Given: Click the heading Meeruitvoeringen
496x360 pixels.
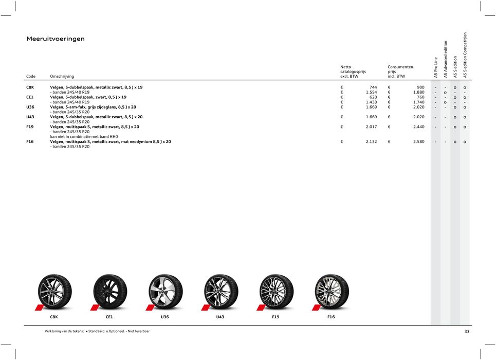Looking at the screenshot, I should [x=56, y=39].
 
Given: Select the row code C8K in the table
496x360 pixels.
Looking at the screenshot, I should [x=31, y=87].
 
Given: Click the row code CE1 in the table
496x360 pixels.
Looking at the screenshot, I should [x=31, y=97].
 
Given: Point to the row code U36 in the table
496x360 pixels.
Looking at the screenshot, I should [x=31, y=107].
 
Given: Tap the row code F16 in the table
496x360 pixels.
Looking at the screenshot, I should [x=30, y=141].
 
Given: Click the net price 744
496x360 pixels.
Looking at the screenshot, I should [x=373, y=87].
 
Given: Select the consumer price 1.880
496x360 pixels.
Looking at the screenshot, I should [x=417, y=93].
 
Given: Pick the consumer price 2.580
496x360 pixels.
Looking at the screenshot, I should [x=417, y=141].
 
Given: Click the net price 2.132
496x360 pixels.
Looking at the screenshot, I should [x=371, y=141].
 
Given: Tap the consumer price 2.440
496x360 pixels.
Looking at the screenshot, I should [x=417, y=127].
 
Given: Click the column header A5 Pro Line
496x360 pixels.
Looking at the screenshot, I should [x=436, y=67].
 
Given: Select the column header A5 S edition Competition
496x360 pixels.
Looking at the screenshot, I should [x=465, y=56].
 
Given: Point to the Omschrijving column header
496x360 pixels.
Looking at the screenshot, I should [x=62, y=76].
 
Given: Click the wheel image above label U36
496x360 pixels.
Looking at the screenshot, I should [x=166, y=291].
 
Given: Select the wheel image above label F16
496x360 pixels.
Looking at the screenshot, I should [x=332, y=291].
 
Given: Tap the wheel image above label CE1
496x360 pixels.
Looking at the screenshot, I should [x=110, y=291].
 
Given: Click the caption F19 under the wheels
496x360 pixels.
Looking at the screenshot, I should [x=275, y=317].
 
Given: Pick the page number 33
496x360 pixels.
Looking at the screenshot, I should [x=467, y=332].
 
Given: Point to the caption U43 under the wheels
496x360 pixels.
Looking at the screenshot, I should [x=220, y=317].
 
